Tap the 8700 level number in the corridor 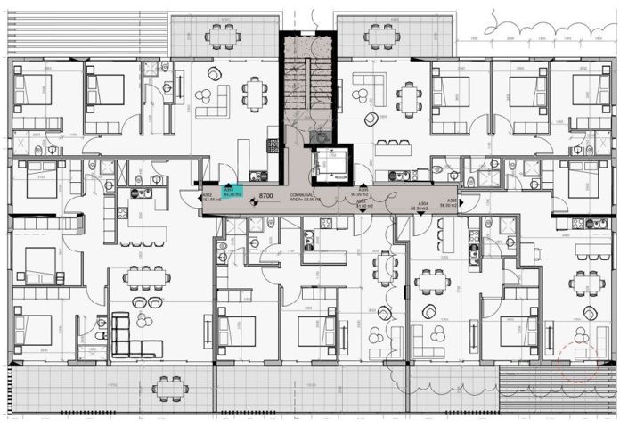pyautogui.click(x=265, y=195)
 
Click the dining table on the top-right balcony pyautogui.click(x=381, y=37)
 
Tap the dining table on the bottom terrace pyautogui.click(x=166, y=388)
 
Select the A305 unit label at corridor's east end pyautogui.click(x=452, y=201)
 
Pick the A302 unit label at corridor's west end pyautogui.click(x=207, y=194)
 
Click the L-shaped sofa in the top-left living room pyautogui.click(x=214, y=100)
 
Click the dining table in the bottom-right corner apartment pyautogui.click(x=585, y=283)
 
